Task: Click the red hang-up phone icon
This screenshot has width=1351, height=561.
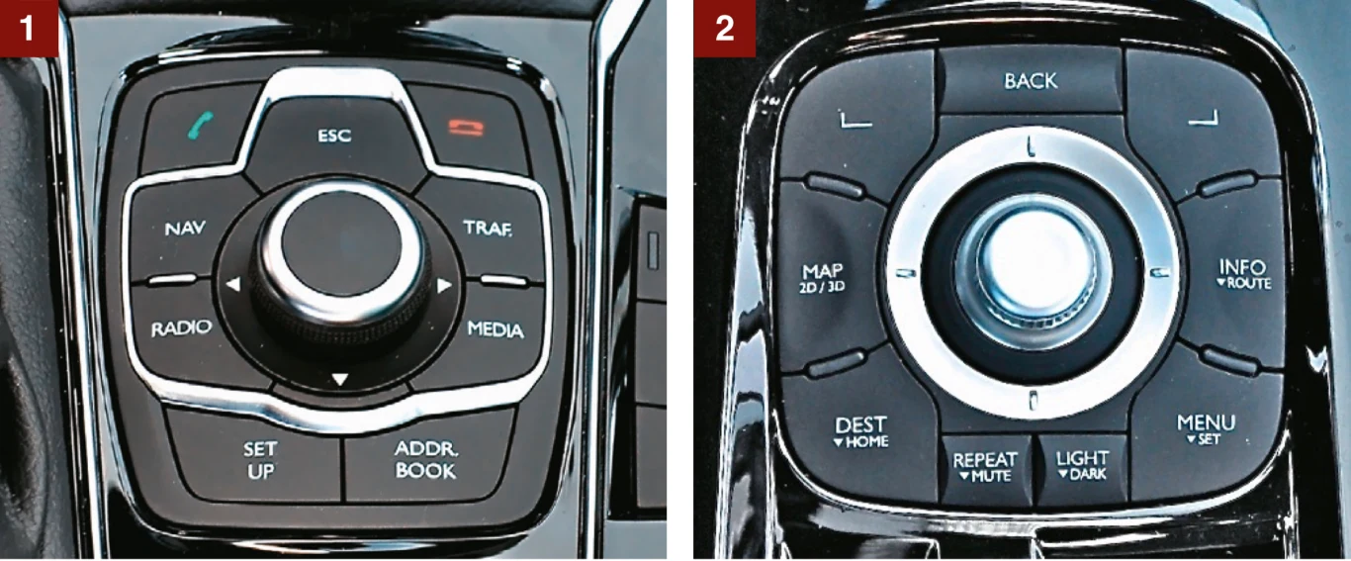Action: tap(466, 128)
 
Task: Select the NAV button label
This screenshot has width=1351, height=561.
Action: tap(185, 229)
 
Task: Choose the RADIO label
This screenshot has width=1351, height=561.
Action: tap(181, 328)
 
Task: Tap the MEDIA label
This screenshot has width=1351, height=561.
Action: tap(495, 329)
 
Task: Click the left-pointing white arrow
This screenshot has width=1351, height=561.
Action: tap(233, 284)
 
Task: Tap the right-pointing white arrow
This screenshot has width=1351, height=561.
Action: tap(444, 285)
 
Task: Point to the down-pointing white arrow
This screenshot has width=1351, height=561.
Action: tap(340, 379)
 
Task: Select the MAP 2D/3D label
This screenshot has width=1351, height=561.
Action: tap(822, 278)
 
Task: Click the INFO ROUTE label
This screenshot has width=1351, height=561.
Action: tap(1243, 274)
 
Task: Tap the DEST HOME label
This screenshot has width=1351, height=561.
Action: tap(861, 432)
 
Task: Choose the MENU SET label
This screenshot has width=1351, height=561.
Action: tap(1206, 428)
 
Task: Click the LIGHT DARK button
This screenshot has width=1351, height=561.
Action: tap(1083, 467)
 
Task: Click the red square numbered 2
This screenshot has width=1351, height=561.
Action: tap(724, 29)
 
